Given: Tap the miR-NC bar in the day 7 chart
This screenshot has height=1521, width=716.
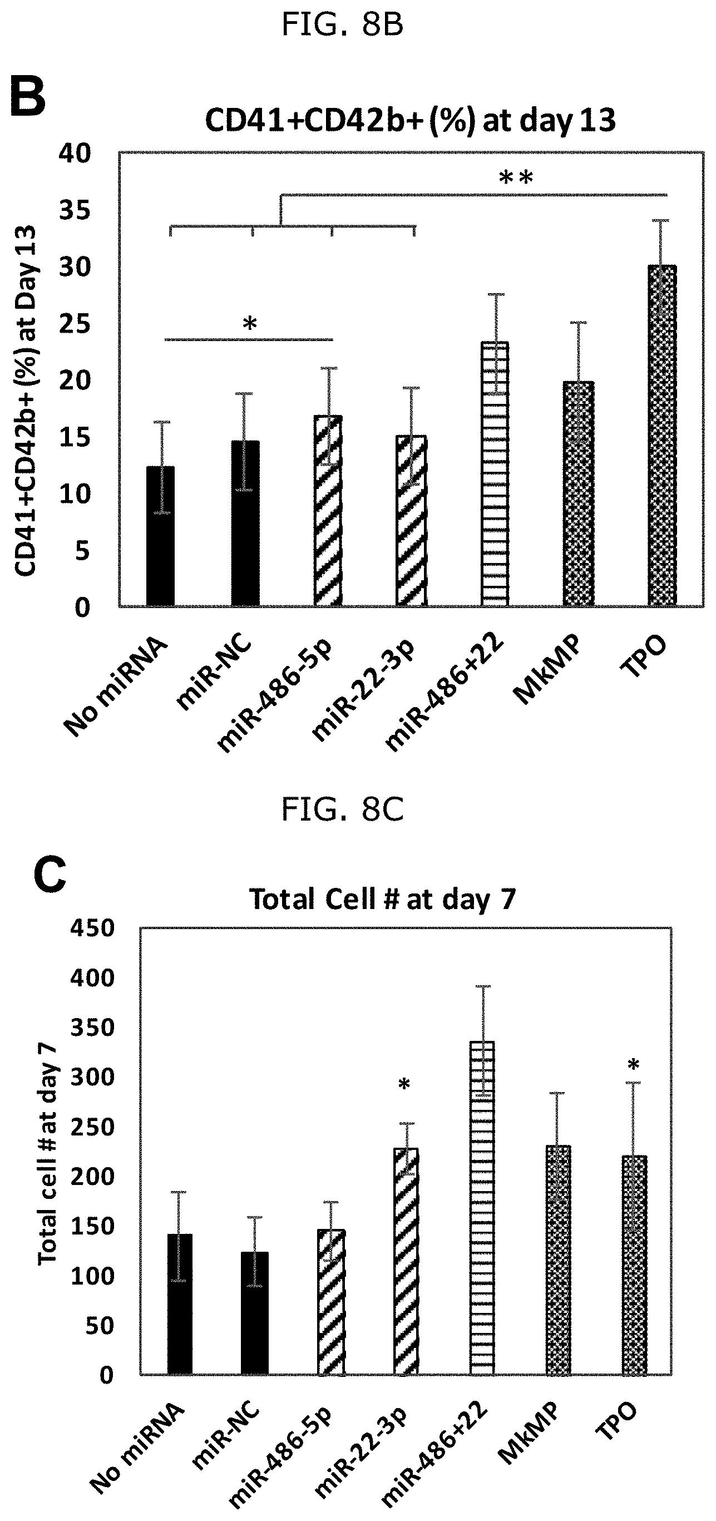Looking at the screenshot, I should (x=254, y=1313).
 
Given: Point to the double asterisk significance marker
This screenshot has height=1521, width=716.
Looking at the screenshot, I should (x=516, y=177).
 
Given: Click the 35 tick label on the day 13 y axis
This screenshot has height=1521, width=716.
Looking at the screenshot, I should (x=75, y=210).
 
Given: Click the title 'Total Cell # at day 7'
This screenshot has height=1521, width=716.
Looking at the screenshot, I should (x=383, y=900).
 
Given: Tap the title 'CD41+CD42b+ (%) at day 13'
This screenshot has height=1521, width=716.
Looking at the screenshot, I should (x=410, y=121).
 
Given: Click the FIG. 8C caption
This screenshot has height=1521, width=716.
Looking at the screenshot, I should (x=342, y=809).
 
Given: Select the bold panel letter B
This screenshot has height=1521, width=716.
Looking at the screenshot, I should (x=28, y=98).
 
